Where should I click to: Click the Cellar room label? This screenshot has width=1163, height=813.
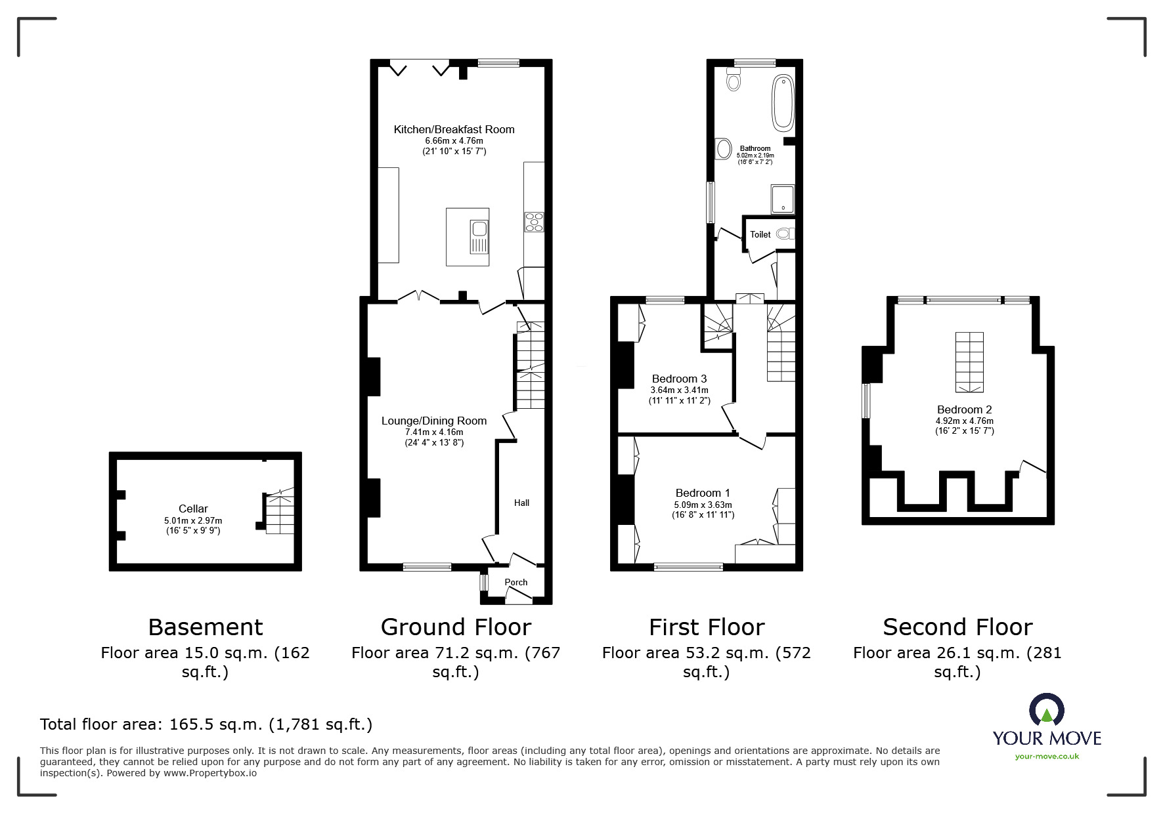193,509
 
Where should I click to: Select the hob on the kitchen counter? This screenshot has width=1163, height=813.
533,222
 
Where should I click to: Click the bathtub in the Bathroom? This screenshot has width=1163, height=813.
783,102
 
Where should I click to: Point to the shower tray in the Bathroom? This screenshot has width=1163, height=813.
783,199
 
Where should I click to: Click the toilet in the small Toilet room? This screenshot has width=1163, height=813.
784,234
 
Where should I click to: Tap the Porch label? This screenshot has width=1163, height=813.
516,582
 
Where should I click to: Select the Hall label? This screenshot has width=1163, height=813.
521,503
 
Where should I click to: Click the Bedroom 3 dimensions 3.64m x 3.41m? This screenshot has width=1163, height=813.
679,390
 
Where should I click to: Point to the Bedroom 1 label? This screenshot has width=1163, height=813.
703,493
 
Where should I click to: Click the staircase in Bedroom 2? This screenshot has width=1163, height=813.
969,362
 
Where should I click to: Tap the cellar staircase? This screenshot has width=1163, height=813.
279,514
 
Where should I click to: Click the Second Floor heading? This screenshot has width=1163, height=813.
957,627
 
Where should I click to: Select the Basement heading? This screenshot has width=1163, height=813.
206,627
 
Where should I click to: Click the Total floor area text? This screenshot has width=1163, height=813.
206,724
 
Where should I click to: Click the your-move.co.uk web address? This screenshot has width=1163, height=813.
1047,757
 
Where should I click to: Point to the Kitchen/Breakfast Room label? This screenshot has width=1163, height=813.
454,129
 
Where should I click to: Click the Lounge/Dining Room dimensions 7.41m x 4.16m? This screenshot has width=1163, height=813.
434,432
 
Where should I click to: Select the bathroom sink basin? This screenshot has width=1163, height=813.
723,148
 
